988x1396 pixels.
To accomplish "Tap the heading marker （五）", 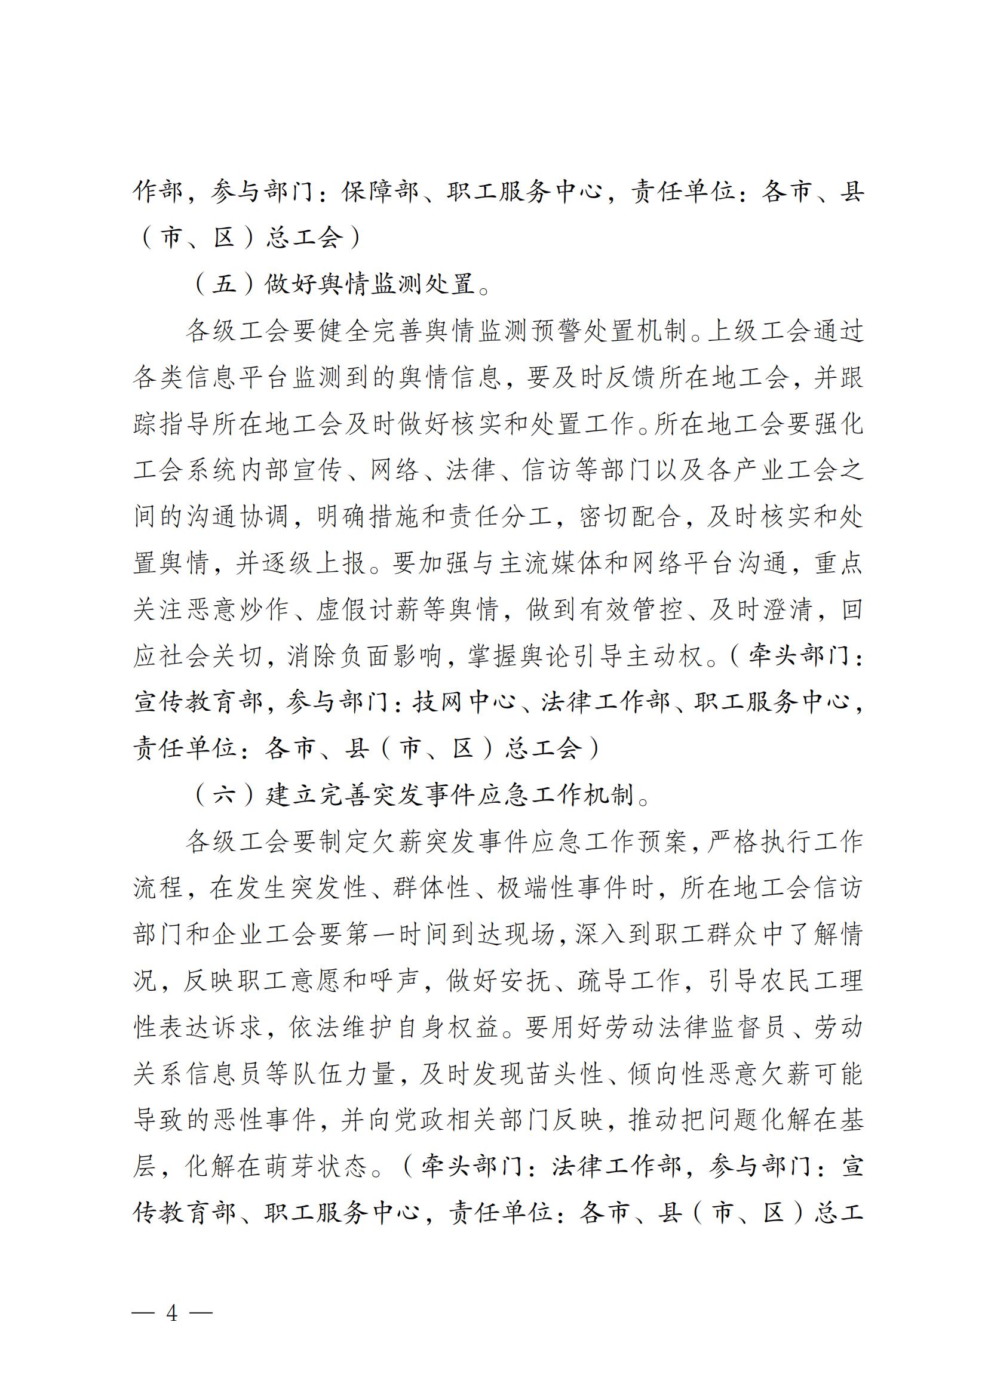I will pyautogui.click(x=224, y=284).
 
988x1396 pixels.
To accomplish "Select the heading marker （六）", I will pyautogui.click(x=224, y=794).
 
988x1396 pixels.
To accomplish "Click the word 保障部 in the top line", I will pyautogui.click(x=381, y=192).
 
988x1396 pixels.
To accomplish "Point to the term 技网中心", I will pyautogui.click(x=464, y=702).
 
